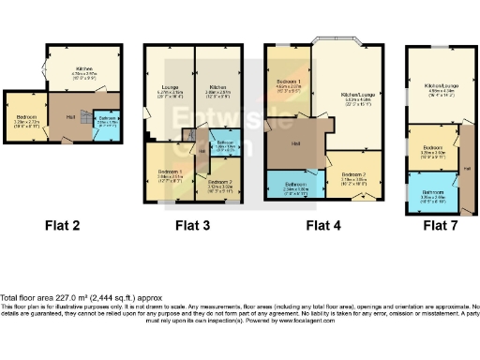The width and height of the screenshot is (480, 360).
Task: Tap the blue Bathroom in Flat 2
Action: [x=108, y=122]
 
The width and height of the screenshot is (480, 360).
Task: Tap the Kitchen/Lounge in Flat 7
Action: [x=439, y=89]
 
